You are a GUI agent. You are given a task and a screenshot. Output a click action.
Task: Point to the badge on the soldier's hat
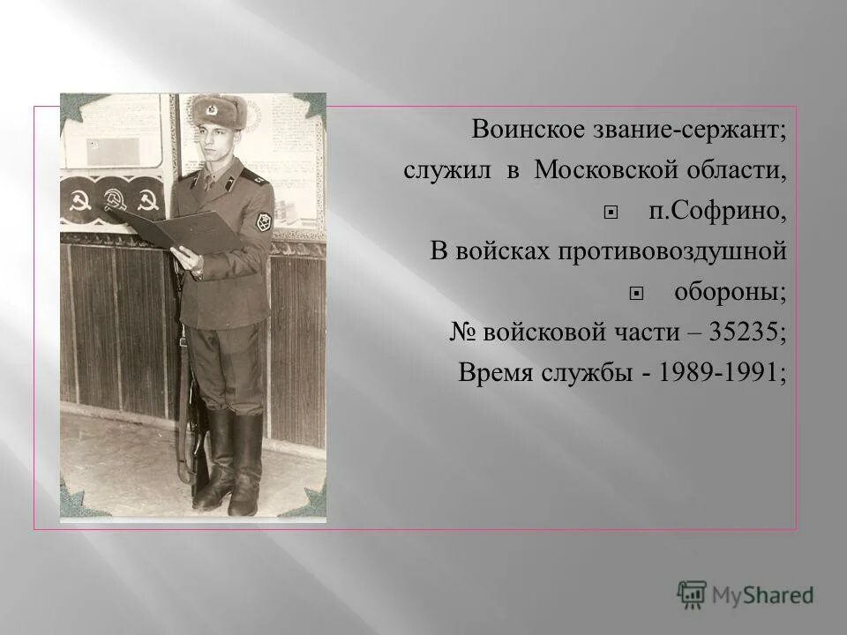[x=212, y=109]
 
